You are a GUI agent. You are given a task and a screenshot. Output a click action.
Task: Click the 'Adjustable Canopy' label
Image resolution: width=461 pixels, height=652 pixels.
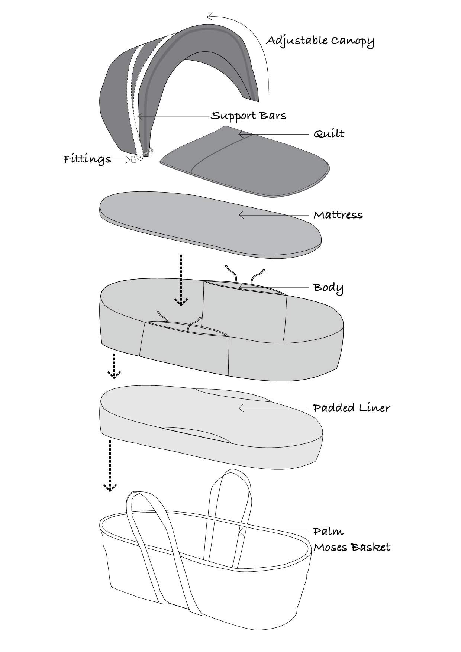320,41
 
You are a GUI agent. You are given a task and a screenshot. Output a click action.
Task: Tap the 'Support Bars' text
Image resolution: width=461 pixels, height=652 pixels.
248,116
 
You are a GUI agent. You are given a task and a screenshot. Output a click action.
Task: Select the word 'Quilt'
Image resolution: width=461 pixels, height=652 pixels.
329,134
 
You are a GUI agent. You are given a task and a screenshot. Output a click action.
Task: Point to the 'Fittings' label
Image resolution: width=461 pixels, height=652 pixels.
87,159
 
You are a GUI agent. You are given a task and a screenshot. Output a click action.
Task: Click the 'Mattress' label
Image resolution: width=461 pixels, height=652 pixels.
338,215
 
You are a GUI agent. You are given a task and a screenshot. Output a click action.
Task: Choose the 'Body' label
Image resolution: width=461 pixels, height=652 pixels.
328,288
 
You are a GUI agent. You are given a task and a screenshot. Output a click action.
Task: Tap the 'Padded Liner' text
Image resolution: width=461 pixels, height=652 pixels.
351,408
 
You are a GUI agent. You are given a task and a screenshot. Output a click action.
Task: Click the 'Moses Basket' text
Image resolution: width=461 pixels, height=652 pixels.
351,547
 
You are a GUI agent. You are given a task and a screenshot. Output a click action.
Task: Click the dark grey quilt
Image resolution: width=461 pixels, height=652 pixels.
245,164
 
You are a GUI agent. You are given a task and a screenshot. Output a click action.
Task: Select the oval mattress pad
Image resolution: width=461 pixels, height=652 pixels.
208,223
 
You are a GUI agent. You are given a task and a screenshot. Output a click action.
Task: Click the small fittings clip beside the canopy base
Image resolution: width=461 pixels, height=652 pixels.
133,160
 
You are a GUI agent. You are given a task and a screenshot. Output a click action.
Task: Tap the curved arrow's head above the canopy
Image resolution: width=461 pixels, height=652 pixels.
209,16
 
